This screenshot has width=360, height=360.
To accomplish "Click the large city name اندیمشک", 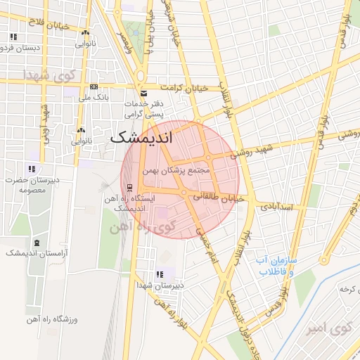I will (141, 138).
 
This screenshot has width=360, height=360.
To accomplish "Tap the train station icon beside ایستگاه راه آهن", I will (129, 187).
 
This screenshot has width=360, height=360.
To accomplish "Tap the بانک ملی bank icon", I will (94, 87).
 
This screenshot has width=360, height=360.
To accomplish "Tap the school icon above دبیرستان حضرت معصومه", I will (31, 169).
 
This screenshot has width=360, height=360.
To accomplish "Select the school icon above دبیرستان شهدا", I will (160, 274).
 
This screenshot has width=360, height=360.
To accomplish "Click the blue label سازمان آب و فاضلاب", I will (276, 264).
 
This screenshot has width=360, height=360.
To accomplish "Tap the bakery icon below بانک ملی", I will (81, 130).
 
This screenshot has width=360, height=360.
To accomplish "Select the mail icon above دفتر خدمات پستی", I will (143, 93).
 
